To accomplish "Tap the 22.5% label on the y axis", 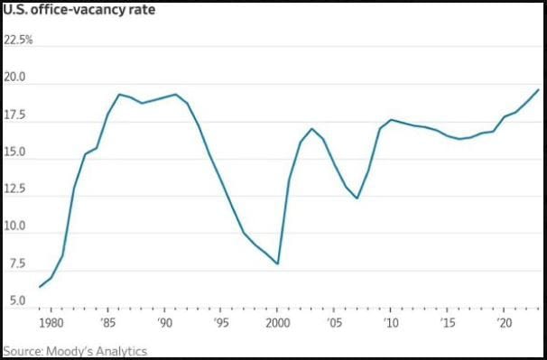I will click(x=19, y=41).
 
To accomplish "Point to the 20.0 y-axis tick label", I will click(x=16, y=78).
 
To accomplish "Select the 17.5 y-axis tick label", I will click(x=16, y=116).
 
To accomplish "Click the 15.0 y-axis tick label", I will click(x=16, y=154).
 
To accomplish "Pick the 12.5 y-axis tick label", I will click(x=16, y=191).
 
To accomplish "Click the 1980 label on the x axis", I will click(x=51, y=322).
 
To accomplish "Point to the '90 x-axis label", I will click(x=164, y=322).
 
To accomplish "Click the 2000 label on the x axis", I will click(x=277, y=322).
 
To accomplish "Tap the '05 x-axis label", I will click(x=334, y=322).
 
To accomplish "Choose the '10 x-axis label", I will click(x=390, y=322).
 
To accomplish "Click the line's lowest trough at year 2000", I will click(x=277, y=263).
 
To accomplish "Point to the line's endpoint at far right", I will click(x=538, y=89).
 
